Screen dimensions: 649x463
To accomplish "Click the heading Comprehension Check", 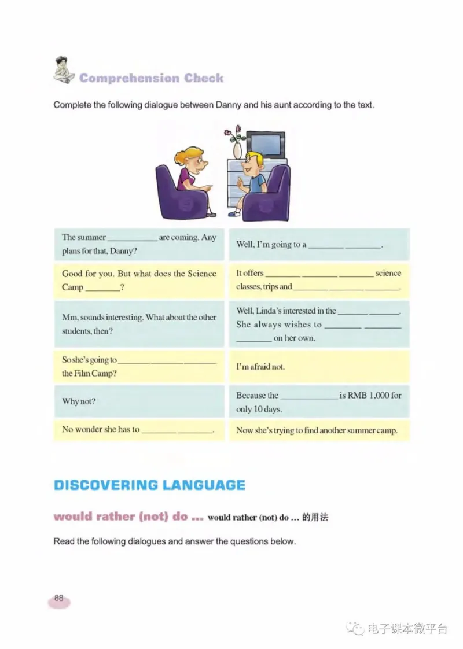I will click(151, 78).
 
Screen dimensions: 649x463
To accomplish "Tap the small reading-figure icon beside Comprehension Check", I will click(62, 69).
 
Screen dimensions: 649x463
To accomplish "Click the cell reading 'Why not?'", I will click(79, 401).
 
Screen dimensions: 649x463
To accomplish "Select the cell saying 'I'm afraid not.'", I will click(260, 367).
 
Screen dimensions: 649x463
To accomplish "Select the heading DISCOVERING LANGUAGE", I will click(149, 485).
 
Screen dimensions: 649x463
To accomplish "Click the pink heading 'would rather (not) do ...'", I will click(128, 517).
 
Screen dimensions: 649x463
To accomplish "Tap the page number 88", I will click(59, 598).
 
